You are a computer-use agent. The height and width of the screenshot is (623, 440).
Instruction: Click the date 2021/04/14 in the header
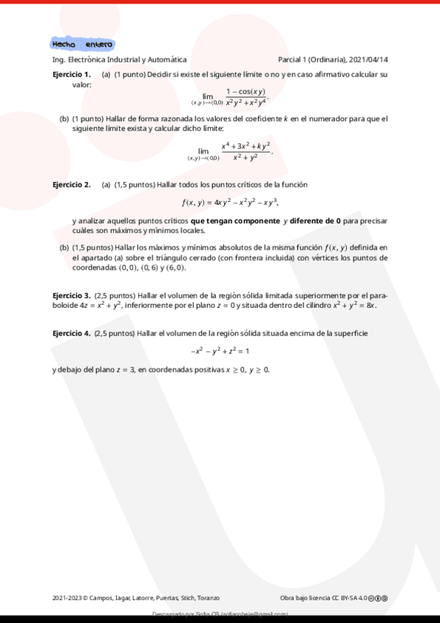(370, 60)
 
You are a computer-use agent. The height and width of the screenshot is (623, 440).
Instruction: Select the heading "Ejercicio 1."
(71, 74)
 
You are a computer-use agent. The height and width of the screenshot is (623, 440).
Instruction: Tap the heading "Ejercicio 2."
(71, 184)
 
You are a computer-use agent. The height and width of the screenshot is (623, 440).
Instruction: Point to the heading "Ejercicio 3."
(71, 295)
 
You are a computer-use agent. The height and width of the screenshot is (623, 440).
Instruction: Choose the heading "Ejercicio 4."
(71, 334)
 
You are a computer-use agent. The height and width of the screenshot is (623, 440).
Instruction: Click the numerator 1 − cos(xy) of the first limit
(246, 91)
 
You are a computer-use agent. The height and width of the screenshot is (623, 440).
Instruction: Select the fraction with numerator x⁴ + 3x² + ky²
(246, 151)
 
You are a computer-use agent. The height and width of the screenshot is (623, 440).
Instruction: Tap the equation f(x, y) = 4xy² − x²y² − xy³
(231, 203)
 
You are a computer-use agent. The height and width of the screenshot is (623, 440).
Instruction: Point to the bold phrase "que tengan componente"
(235, 220)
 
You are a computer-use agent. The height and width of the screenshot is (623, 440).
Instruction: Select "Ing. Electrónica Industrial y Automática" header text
(120, 60)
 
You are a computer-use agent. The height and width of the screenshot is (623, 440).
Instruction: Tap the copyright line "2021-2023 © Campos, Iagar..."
(136, 598)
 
